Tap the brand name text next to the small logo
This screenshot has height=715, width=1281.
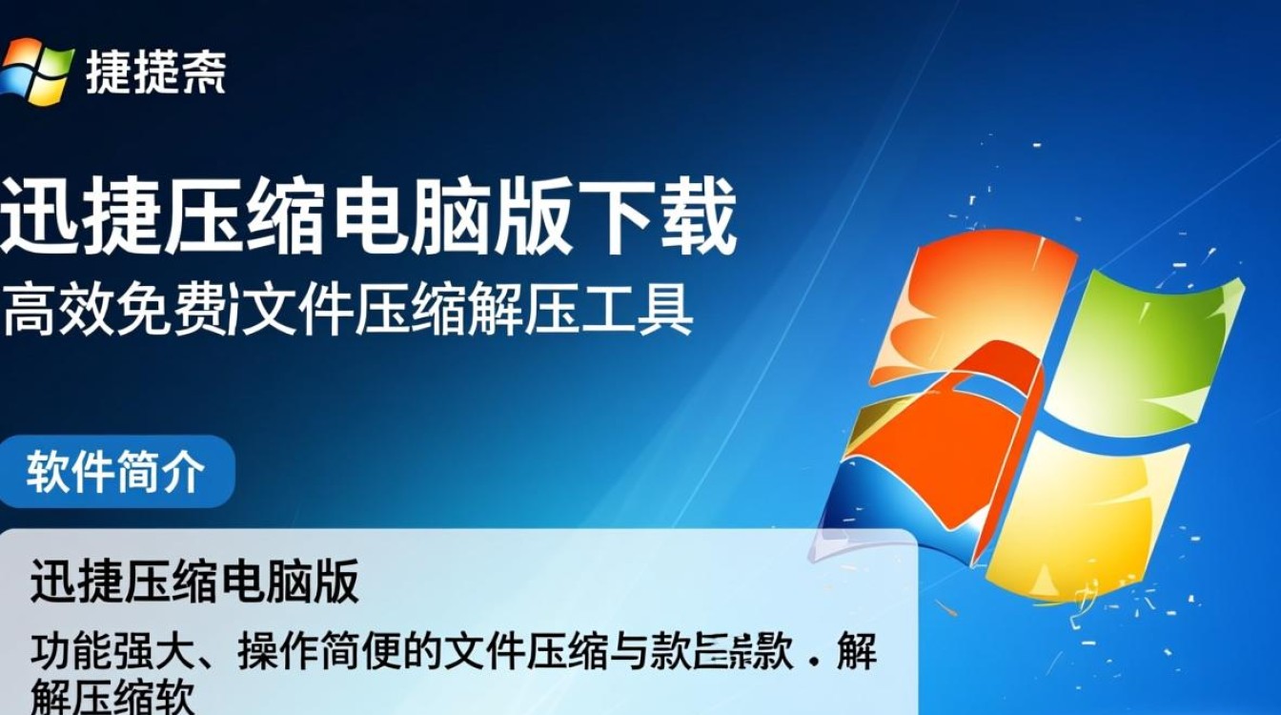pos(155,71)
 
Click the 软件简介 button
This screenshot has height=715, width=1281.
pos(115,472)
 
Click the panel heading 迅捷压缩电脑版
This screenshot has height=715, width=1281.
pos(194,582)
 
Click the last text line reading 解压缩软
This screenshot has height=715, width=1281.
pos(112,699)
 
